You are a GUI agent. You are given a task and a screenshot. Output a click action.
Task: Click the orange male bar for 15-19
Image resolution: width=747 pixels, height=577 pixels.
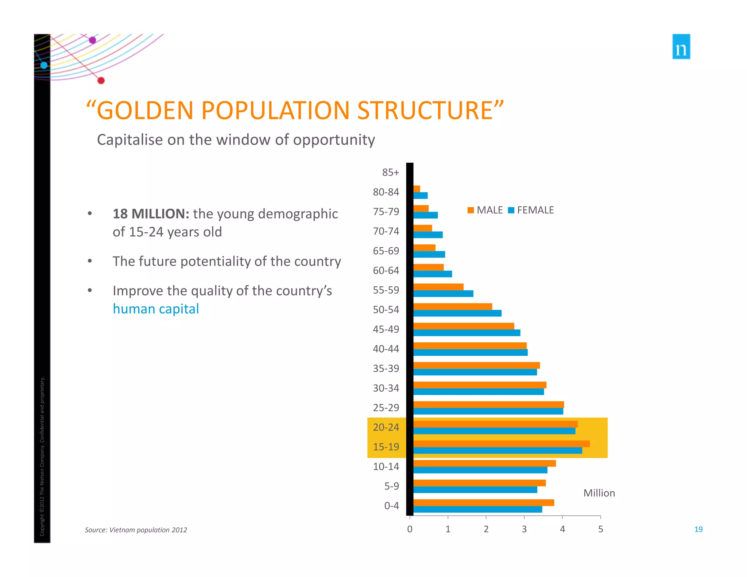point(501,444)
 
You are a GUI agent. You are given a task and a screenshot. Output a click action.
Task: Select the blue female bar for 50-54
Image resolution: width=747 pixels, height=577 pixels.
point(457,313)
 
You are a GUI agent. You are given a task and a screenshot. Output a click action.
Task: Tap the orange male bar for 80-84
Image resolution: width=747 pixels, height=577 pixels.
point(417,189)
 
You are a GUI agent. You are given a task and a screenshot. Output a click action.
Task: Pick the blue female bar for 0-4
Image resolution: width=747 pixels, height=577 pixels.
point(478,510)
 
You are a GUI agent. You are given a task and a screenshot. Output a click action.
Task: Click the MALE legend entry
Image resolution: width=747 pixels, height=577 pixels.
point(485,210)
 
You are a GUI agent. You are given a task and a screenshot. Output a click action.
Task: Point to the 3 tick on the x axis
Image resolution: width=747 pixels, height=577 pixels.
point(524,529)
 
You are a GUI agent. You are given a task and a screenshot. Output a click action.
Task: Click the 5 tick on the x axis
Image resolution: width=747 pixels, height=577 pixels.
point(600,529)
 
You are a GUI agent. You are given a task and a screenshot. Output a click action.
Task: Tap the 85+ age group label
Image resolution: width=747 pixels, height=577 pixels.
point(390,173)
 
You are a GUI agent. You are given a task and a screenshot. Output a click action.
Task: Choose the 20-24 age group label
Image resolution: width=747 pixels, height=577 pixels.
point(386,427)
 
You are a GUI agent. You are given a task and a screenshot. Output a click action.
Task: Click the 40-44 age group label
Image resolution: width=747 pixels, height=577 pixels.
point(386,349)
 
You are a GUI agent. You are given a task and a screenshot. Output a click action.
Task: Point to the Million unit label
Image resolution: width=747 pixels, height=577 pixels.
point(599,493)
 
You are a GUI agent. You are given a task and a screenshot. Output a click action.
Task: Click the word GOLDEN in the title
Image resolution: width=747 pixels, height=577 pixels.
point(145,111)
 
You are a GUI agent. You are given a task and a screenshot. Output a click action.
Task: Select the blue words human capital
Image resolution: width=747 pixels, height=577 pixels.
point(156,309)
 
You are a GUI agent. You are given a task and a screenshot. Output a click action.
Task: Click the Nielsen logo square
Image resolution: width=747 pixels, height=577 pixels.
point(681,47)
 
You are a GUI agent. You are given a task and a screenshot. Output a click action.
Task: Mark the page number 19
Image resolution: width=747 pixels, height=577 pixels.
point(698,530)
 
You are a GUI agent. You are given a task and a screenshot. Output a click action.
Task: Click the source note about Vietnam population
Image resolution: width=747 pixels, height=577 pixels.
point(136,530)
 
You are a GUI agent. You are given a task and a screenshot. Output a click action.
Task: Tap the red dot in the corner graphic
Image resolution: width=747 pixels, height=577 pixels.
point(101,81)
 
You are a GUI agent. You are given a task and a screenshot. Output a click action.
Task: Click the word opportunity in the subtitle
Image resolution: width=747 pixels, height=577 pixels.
point(334,140)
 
